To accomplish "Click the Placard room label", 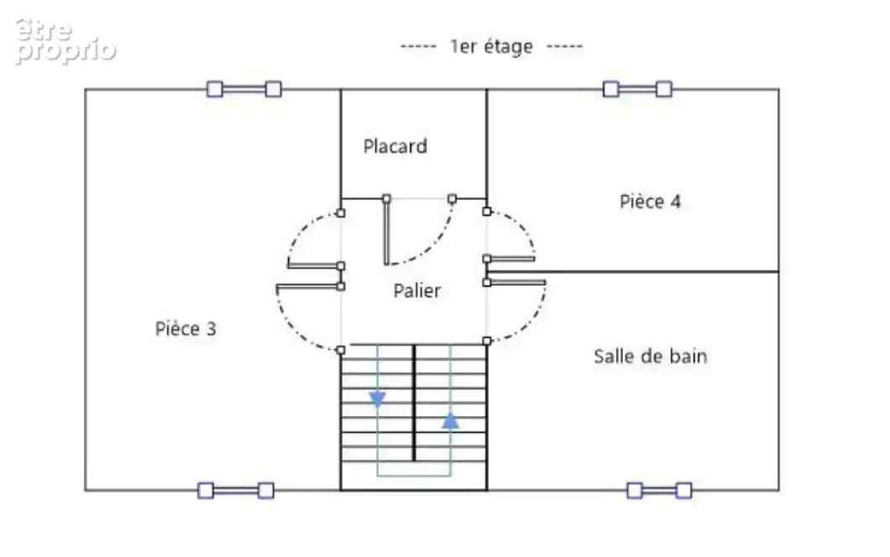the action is coord(395,146).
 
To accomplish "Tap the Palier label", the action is coord(416,291).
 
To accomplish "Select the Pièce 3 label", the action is coord(186,329).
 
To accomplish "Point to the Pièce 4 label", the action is coord(650,201).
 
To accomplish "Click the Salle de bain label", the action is coord(651,357).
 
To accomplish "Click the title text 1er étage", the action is coord(491,46).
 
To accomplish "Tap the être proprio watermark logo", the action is coord(65,41).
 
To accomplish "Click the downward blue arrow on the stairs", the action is coord(378,399).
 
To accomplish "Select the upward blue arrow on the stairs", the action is coord(450,421).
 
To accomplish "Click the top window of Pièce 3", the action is coord(244,89).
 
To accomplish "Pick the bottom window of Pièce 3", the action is coord(236,491).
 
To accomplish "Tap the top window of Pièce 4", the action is coord(637,89).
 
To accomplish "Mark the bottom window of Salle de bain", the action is coord(660,491).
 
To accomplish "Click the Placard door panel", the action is coord(386,232).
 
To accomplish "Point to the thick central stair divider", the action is coord(414,402).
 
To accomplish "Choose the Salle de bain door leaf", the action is coord(516,282).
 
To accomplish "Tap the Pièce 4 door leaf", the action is coord(510,258).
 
